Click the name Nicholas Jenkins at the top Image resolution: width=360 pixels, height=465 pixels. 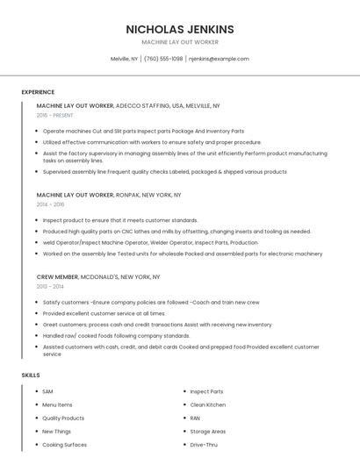[x=180, y=29]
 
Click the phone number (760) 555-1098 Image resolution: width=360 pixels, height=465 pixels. [x=163, y=59]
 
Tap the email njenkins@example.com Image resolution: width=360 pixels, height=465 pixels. [x=219, y=59]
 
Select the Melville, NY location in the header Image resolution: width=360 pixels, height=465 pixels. [x=124, y=59]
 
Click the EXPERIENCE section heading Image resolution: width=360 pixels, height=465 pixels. [x=38, y=91]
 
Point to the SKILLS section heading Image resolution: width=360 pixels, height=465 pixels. [x=31, y=375]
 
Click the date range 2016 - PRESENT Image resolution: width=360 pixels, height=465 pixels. [x=55, y=115]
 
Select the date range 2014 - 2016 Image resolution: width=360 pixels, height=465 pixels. [x=51, y=204]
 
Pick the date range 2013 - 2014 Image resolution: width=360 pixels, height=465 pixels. [x=50, y=286]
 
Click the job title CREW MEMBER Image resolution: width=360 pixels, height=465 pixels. [x=57, y=276]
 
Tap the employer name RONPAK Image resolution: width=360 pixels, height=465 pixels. [x=130, y=195]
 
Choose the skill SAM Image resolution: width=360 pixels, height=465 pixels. [x=47, y=391]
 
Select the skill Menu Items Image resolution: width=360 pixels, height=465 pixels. [x=57, y=404]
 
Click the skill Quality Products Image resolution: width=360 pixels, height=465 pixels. [x=63, y=418]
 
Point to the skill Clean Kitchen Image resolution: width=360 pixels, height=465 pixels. [x=208, y=404]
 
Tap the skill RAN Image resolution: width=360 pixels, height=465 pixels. [x=195, y=418]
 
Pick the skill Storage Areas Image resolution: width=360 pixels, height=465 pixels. [x=208, y=431]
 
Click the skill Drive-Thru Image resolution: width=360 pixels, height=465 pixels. [x=203, y=445]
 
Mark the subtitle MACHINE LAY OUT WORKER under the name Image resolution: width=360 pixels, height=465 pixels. [x=180, y=42]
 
